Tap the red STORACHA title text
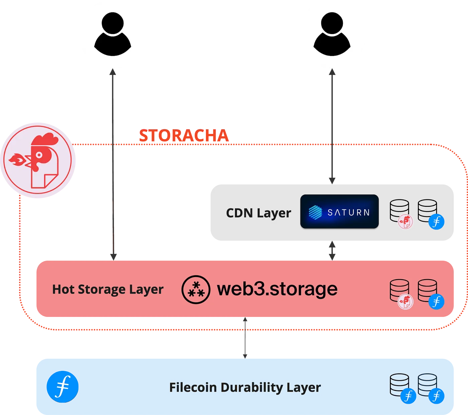click(x=184, y=136)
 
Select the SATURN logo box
click(x=339, y=212)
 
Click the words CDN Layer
click(x=258, y=213)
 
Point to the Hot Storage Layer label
click(x=108, y=289)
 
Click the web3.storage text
click(x=277, y=289)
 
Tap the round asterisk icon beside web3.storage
click(x=196, y=289)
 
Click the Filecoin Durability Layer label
click(x=245, y=388)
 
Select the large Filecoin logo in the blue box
click(x=63, y=387)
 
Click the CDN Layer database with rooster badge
click(x=400, y=212)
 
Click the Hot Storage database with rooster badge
click(x=400, y=291)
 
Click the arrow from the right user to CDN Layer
click(x=332, y=127)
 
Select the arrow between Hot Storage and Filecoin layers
click(x=245, y=338)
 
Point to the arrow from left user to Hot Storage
click(x=113, y=167)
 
